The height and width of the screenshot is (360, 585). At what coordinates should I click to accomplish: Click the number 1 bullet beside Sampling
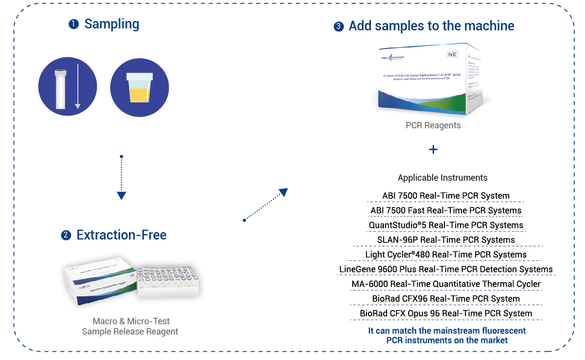coord(73,24)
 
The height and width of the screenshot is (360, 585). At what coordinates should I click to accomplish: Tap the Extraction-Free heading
coord(121,235)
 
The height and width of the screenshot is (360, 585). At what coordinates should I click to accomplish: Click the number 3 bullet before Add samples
coord(339,26)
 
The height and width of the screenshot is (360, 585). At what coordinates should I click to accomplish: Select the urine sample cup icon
coord(140,88)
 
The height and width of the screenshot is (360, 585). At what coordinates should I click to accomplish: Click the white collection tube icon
coord(61,89)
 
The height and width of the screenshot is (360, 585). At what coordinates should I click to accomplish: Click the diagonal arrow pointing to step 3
coord(265,205)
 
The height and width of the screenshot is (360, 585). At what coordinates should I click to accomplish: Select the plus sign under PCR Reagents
coord(433,149)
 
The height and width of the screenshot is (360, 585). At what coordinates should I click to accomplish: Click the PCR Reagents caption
coord(433,125)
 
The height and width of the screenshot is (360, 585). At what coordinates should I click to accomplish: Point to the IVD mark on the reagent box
coord(452,54)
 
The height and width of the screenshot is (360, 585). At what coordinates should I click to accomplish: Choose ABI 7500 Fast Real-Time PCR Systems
coord(446,211)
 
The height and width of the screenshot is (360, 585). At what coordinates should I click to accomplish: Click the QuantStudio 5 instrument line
coord(446,225)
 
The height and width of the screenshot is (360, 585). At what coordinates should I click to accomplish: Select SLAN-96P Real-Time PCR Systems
coord(446,240)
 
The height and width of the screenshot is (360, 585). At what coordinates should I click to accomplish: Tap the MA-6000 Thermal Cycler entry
coord(446,284)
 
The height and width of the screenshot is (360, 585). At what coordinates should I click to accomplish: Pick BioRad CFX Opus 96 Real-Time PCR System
coord(446,313)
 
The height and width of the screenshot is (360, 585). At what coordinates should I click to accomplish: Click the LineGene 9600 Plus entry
coord(446,269)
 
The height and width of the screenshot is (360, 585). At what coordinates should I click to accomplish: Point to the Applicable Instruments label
coord(442,178)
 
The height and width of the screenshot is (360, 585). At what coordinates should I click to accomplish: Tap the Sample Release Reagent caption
coord(130,332)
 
